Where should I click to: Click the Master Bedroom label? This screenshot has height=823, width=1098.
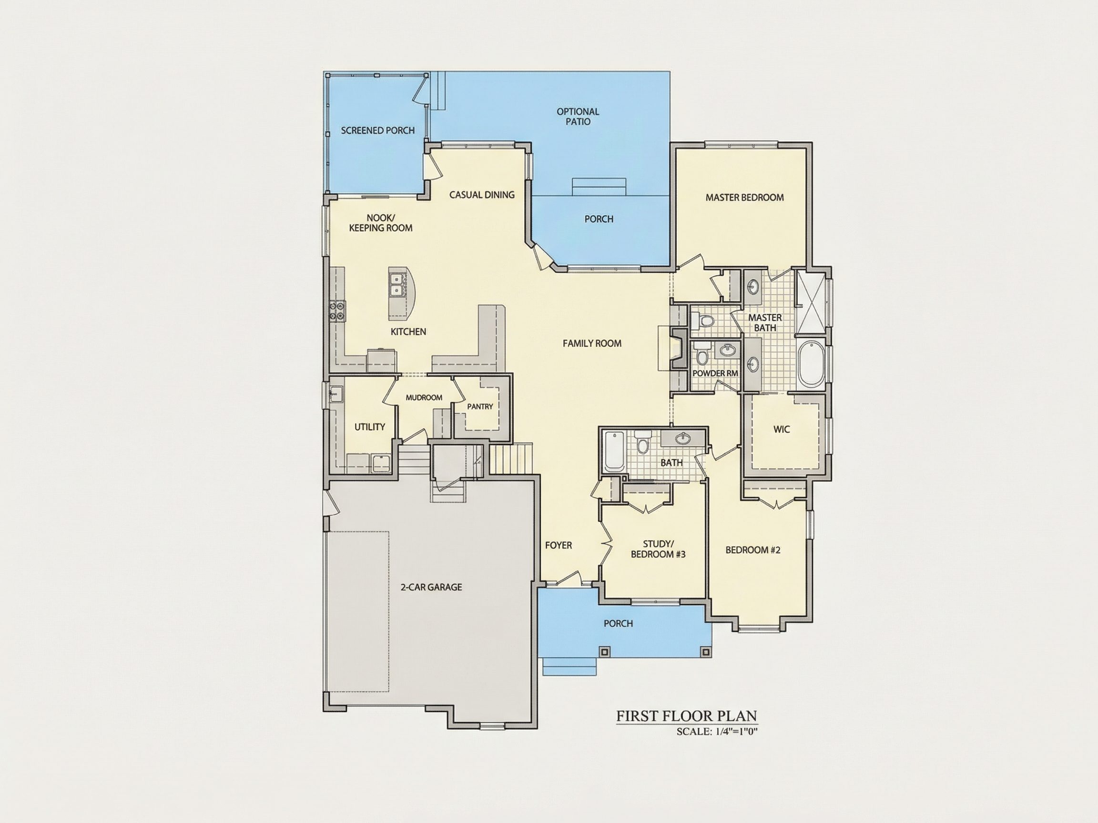744,198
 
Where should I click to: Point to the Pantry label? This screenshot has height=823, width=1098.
480,406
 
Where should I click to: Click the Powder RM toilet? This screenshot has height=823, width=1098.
701,353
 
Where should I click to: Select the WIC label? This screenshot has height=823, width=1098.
781,430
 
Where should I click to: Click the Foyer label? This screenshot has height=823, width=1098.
559,545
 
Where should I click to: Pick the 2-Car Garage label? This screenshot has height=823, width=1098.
431,587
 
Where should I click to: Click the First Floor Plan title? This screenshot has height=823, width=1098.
687,716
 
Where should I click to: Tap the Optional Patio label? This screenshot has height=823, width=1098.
578,117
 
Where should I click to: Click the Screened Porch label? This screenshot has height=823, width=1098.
378,130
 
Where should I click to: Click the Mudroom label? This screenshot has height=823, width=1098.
424,397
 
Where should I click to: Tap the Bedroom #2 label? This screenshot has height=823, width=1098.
753,550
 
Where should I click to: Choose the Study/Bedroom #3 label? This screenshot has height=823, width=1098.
658,549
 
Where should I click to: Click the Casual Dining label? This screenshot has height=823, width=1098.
482,195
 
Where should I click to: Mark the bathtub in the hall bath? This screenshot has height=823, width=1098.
614,452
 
